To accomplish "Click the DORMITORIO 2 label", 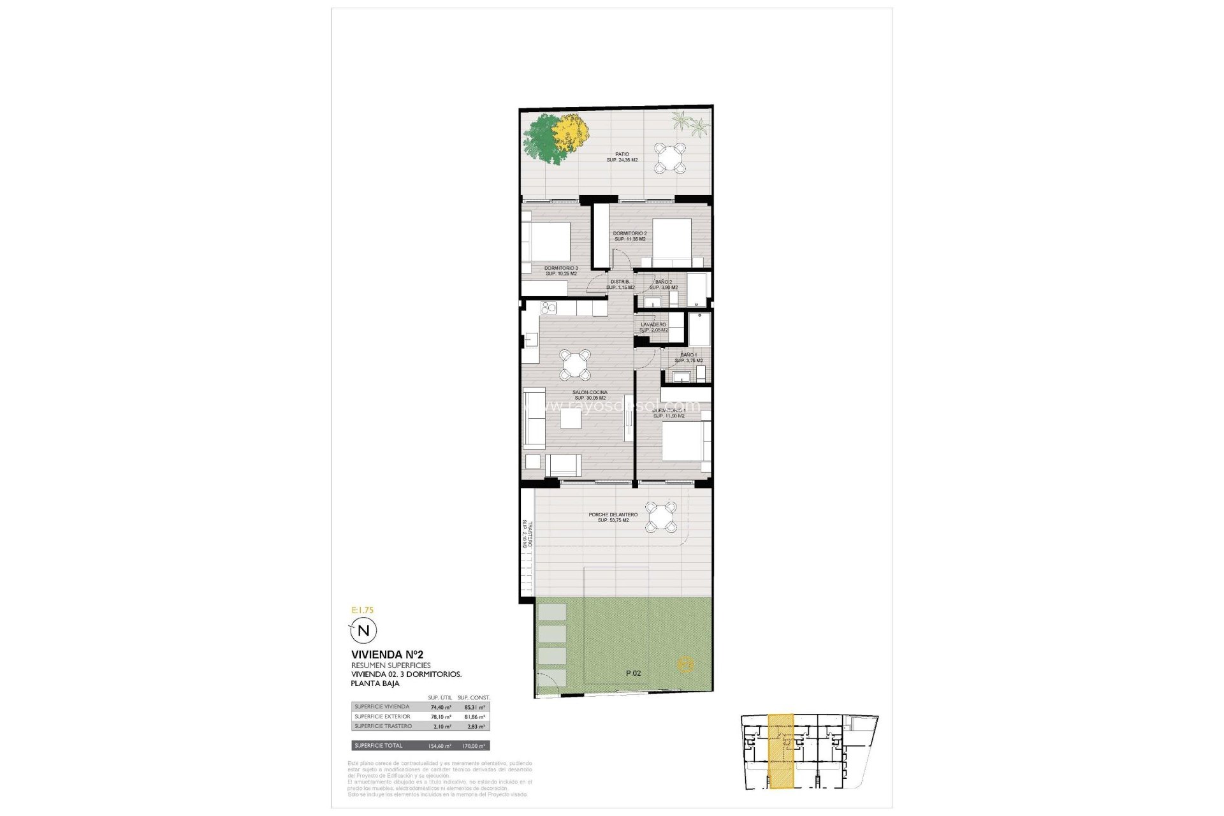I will pyautogui.click(x=630, y=234).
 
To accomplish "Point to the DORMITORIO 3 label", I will pyautogui.click(x=561, y=268).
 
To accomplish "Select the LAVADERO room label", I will pyautogui.click(x=653, y=324).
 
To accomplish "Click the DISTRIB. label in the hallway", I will pyautogui.click(x=620, y=281).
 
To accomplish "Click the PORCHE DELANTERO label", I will pyautogui.click(x=613, y=515).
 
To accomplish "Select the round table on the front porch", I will pyautogui.click(x=660, y=516).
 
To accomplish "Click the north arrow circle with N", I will pyautogui.click(x=364, y=631).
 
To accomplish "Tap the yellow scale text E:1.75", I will pyautogui.click(x=362, y=610).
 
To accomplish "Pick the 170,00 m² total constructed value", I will pyautogui.click(x=474, y=746).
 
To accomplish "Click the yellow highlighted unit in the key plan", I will pyautogui.click(x=781, y=752).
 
